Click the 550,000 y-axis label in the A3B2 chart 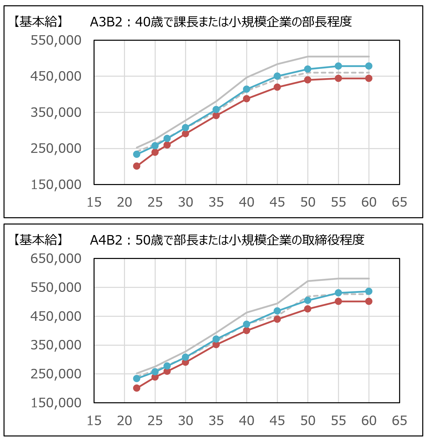(56, 40)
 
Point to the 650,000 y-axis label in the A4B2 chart (56, 258)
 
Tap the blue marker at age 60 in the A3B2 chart (369, 66)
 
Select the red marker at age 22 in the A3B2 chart (137, 166)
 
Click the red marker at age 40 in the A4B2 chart (246, 330)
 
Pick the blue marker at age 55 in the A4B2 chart (338, 293)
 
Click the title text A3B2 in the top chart (106, 22)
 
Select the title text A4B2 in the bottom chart (106, 240)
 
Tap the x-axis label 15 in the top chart (94, 202)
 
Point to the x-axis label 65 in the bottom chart (399, 421)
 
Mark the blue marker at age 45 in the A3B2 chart (277, 76)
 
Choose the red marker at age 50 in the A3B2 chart (308, 80)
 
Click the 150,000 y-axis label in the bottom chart (56, 403)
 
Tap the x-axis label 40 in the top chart (246, 202)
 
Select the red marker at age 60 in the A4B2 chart (369, 301)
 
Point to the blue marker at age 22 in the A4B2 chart (137, 378)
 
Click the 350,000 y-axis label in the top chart (56, 112)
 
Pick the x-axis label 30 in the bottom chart (186, 421)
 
